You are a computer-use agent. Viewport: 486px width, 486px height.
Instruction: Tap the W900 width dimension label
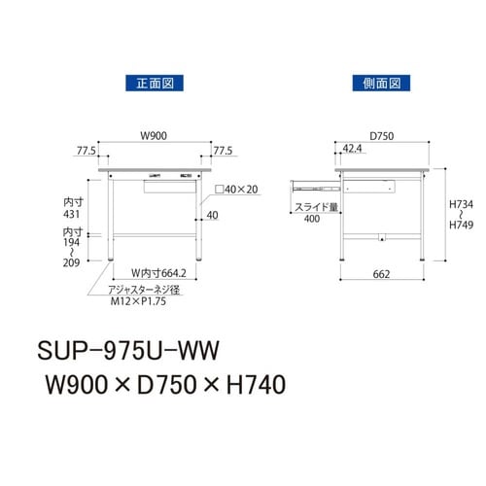click(156, 136)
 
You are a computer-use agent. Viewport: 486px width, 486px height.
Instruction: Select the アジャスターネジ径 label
click(146, 289)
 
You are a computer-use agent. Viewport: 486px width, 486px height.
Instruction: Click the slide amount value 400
click(311, 220)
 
